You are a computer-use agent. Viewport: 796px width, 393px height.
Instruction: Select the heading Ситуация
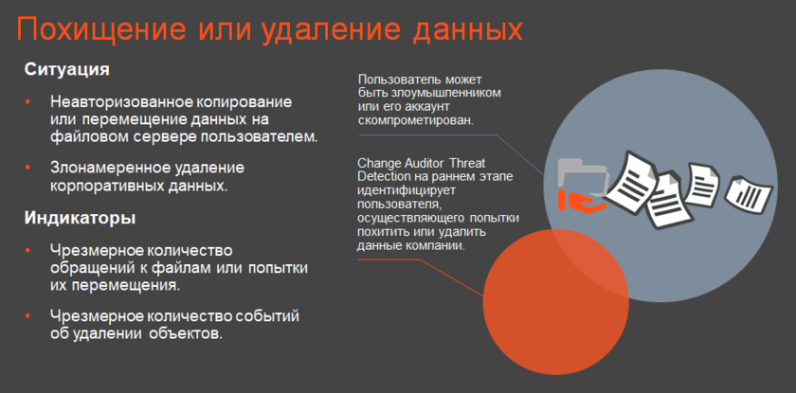pos(67,69)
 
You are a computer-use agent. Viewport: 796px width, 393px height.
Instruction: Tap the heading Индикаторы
pos(80,218)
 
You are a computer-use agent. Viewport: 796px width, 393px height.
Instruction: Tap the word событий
pos(268,316)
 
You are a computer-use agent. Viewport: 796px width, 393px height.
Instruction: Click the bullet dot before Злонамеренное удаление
pos(27,168)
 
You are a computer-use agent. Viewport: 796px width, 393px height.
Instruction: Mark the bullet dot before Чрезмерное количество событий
pos(27,316)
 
